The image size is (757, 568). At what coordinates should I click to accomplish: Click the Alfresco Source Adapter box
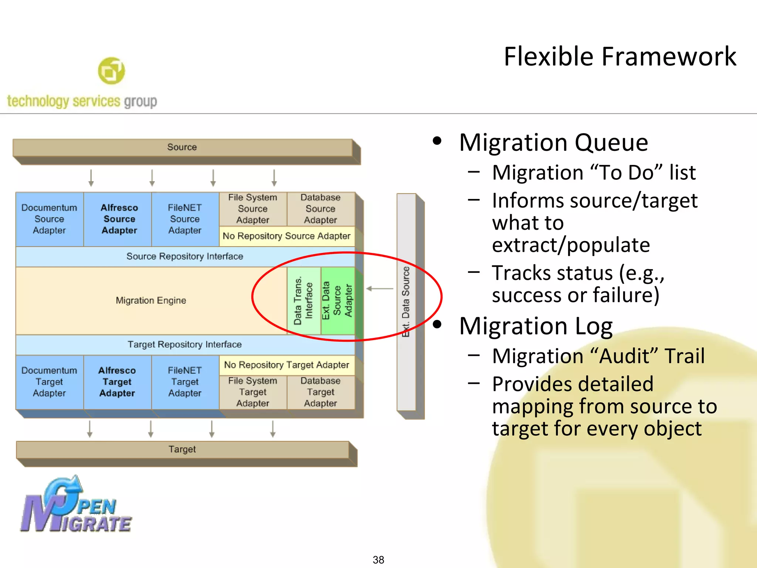pyautogui.click(x=119, y=219)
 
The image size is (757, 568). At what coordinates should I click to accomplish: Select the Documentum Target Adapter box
pyautogui.click(x=49, y=382)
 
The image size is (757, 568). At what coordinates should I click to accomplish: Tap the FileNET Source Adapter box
pyautogui.click(x=185, y=219)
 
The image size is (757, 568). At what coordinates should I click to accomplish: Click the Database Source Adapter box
pyautogui.click(x=320, y=209)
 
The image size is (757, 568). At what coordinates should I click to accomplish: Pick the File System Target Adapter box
pyautogui.click(x=253, y=392)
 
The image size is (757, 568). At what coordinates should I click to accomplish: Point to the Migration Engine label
pyautogui.click(x=151, y=300)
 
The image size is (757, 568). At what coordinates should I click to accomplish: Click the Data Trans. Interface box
pyautogui.click(x=303, y=300)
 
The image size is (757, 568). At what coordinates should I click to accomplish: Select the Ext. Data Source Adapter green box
pyautogui.click(x=337, y=300)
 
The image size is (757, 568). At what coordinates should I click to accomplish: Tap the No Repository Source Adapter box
pyautogui.click(x=286, y=236)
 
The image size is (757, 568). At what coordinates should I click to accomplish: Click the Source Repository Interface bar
pyautogui.click(x=185, y=256)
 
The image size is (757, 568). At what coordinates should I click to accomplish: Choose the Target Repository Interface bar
pyautogui.click(x=185, y=344)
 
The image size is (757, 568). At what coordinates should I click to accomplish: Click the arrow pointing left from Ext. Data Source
pyautogui.click(x=379, y=288)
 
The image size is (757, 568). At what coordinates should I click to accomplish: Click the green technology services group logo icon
pyautogui.click(x=111, y=71)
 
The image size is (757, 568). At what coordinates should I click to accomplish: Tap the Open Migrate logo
pyautogui.click(x=76, y=505)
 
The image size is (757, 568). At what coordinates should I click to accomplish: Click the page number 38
pyautogui.click(x=378, y=559)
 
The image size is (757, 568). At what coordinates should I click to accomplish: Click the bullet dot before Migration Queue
pyautogui.click(x=437, y=141)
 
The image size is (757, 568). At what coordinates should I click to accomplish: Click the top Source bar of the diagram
pyautogui.click(x=182, y=147)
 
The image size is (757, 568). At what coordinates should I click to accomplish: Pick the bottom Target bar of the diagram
pyautogui.click(x=182, y=449)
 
